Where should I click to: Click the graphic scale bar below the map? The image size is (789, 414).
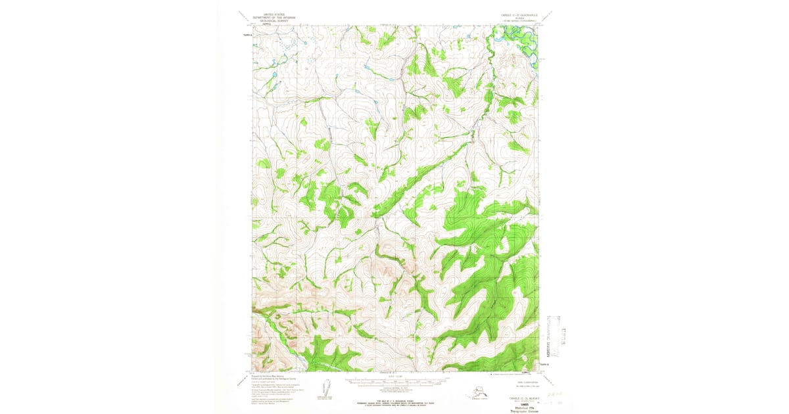click(x=394, y=380)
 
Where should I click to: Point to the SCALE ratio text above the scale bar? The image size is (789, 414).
click(x=394, y=377)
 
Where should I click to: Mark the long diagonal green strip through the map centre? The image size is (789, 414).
click(x=421, y=177)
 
